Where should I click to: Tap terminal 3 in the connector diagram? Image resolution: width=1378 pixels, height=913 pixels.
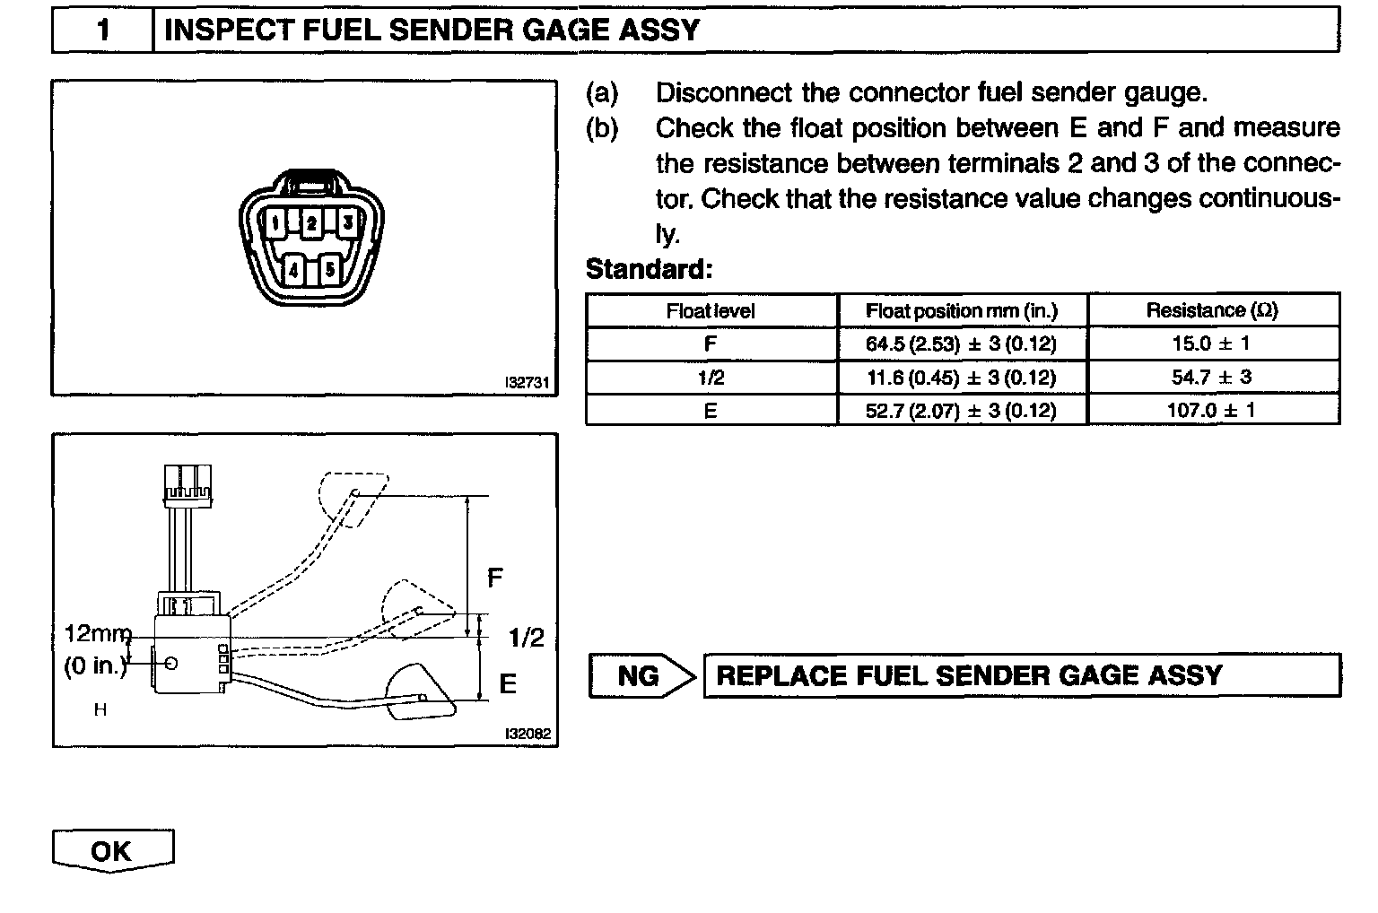348,221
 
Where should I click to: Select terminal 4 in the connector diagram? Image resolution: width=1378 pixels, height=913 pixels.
294,267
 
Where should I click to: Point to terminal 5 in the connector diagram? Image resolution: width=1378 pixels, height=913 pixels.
329,267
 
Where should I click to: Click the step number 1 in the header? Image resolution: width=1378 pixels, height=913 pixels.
103,30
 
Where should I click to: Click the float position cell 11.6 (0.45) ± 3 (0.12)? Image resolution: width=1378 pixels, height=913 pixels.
961,378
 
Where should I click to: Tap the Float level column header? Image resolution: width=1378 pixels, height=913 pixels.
711,311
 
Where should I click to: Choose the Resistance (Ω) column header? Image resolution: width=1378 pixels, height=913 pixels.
1212,310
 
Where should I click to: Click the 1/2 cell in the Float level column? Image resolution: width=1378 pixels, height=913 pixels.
711,378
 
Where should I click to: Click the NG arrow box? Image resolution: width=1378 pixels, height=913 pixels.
641,676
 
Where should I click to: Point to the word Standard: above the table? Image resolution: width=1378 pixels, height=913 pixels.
649,269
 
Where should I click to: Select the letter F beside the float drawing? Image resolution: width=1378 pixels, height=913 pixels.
494,578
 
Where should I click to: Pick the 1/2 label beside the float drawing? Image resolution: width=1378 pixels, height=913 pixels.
526,638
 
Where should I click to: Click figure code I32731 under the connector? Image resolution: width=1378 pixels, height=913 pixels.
527,382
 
